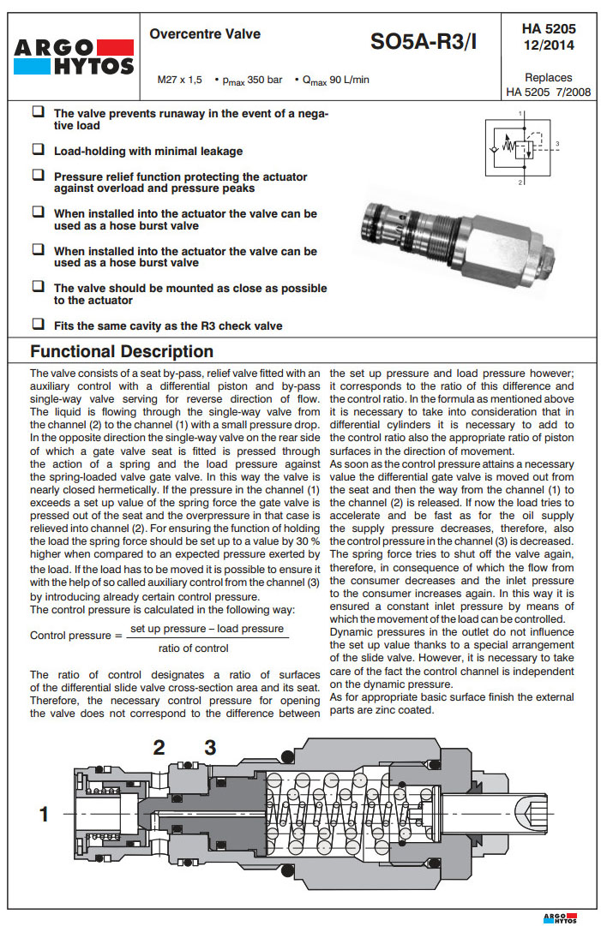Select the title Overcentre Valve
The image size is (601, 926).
205,35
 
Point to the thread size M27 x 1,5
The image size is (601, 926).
179,80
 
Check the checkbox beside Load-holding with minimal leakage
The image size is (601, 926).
38,150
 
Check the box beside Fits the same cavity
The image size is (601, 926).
38,325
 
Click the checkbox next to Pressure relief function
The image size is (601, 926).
38,176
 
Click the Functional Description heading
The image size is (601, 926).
122,351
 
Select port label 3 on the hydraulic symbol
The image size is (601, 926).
557,143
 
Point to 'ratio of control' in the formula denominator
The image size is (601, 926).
194,648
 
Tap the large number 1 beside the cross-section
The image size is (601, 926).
44,814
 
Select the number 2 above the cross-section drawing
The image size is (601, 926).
159,748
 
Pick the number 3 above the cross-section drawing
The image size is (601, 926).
210,748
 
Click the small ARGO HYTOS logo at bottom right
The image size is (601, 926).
561,917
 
